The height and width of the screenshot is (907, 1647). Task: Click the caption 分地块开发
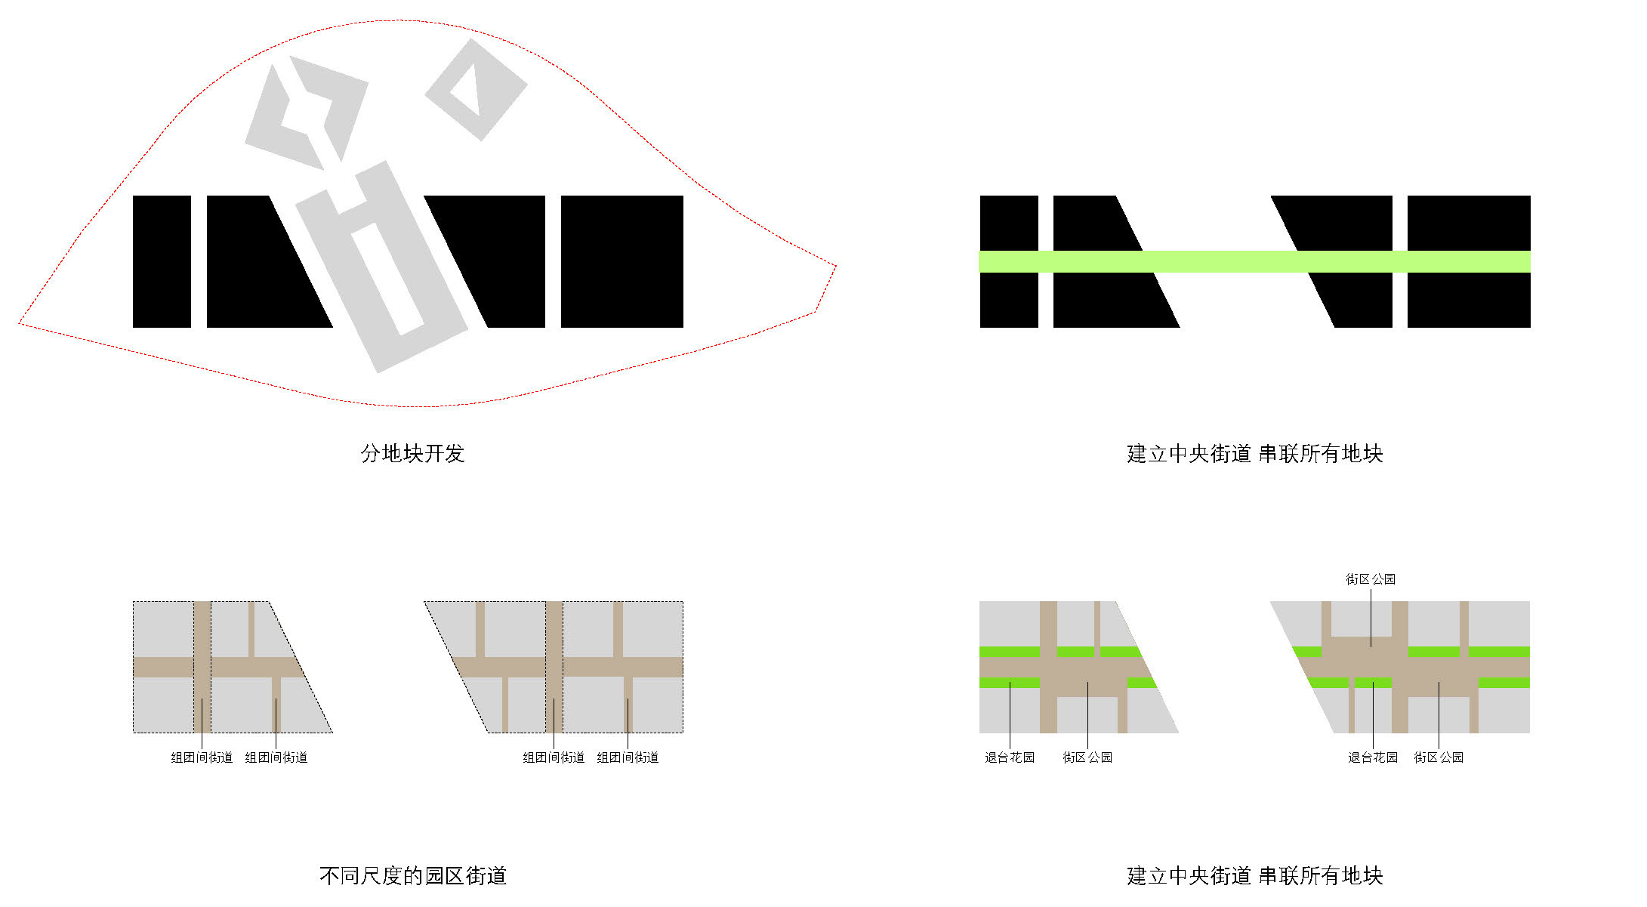coord(412,453)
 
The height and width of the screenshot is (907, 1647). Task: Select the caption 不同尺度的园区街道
coord(412,875)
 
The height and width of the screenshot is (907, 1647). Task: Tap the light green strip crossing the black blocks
coord(1254,261)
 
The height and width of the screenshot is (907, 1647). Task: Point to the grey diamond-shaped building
coord(477,90)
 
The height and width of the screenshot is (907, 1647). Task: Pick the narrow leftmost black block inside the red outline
coord(162,261)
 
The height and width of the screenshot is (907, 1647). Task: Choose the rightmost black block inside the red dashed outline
coord(621,261)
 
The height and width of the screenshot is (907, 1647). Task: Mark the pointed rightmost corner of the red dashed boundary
coord(836,265)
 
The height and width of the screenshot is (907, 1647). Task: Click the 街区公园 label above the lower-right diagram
coord(1370,579)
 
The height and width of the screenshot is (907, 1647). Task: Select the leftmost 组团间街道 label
coord(202,757)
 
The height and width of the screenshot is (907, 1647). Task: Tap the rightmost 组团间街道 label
coord(628,757)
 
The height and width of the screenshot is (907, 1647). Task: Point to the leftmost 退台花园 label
coord(1010,757)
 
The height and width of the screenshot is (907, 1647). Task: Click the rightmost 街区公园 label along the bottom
coord(1439,757)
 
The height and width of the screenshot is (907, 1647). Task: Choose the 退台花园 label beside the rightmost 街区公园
coord(1373,757)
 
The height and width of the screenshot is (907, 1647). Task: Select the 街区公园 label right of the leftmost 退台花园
coord(1087,757)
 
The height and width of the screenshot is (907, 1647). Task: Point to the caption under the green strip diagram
coord(1254,453)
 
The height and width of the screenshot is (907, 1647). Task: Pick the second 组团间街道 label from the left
coord(276,757)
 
